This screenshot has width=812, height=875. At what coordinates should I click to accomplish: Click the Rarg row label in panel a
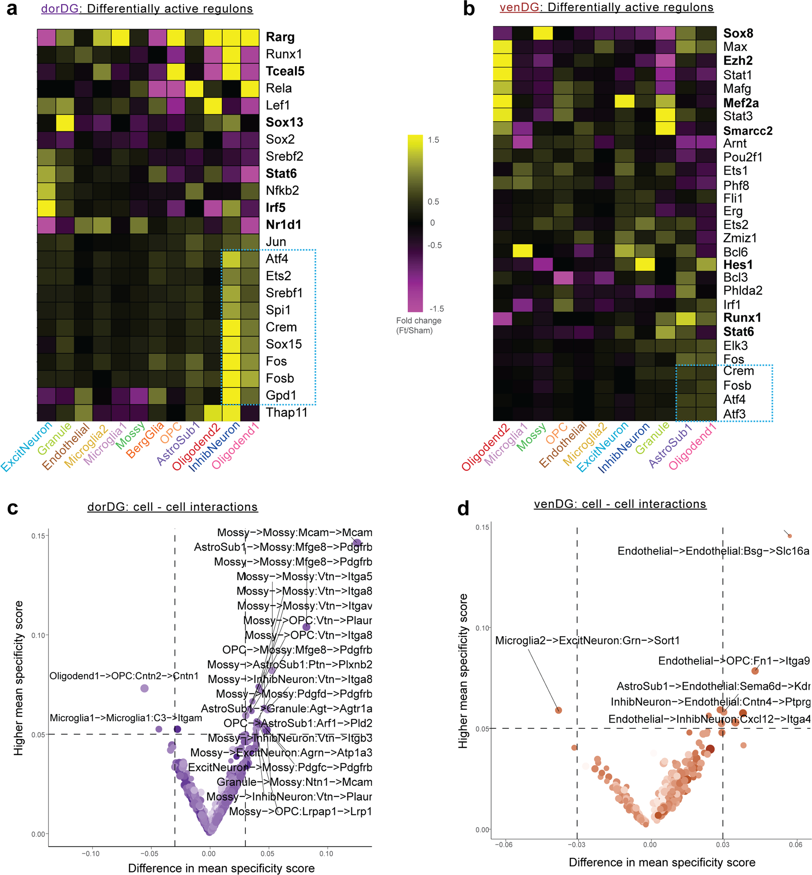[280, 37]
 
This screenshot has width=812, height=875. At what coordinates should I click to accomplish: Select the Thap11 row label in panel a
[286, 413]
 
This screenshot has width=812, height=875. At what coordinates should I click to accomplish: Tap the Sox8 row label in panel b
[738, 33]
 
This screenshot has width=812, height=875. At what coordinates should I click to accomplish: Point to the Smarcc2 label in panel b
[748, 131]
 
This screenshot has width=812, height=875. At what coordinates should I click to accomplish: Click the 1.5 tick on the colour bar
[433, 140]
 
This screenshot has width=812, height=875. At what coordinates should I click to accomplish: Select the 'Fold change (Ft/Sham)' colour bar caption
[418, 326]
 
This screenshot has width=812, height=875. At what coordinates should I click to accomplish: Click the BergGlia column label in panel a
[145, 439]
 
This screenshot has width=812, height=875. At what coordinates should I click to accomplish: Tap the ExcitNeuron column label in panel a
[26, 446]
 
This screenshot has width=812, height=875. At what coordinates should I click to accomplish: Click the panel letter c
[12, 508]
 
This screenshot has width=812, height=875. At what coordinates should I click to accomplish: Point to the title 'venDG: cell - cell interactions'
[620, 504]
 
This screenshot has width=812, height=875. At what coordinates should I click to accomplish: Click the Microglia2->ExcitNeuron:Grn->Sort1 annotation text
[587, 641]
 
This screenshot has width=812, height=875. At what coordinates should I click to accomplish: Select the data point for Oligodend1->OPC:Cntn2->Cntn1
[144, 688]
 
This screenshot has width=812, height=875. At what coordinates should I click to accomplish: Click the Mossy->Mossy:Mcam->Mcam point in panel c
[357, 543]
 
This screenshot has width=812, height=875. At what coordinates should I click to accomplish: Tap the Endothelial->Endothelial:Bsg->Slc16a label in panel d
[713, 552]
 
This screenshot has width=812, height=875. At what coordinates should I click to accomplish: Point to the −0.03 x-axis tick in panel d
[576, 844]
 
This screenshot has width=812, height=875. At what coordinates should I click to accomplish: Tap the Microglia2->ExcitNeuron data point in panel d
[558, 710]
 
